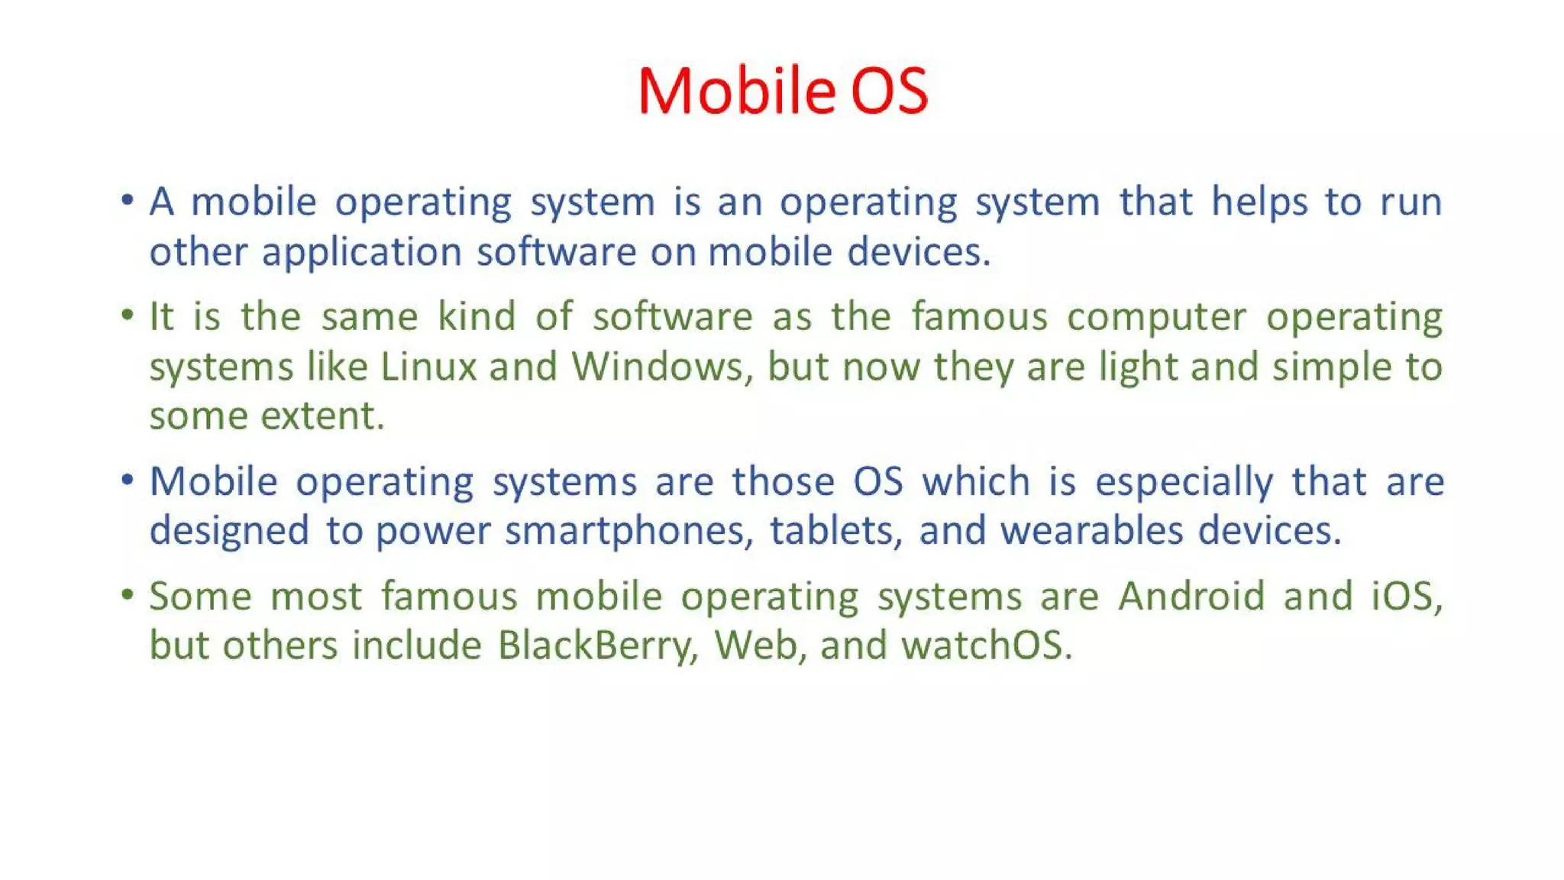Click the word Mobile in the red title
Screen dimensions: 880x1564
736,91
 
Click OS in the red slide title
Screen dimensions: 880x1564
889,91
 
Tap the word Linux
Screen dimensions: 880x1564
428,367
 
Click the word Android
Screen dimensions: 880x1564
1191,596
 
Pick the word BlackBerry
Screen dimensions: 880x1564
598,645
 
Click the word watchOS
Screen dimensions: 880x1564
986,645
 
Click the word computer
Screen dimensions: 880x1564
1156,317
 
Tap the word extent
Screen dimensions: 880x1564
322,416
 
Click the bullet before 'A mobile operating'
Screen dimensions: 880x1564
128,201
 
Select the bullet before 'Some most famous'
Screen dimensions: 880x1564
128,594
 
